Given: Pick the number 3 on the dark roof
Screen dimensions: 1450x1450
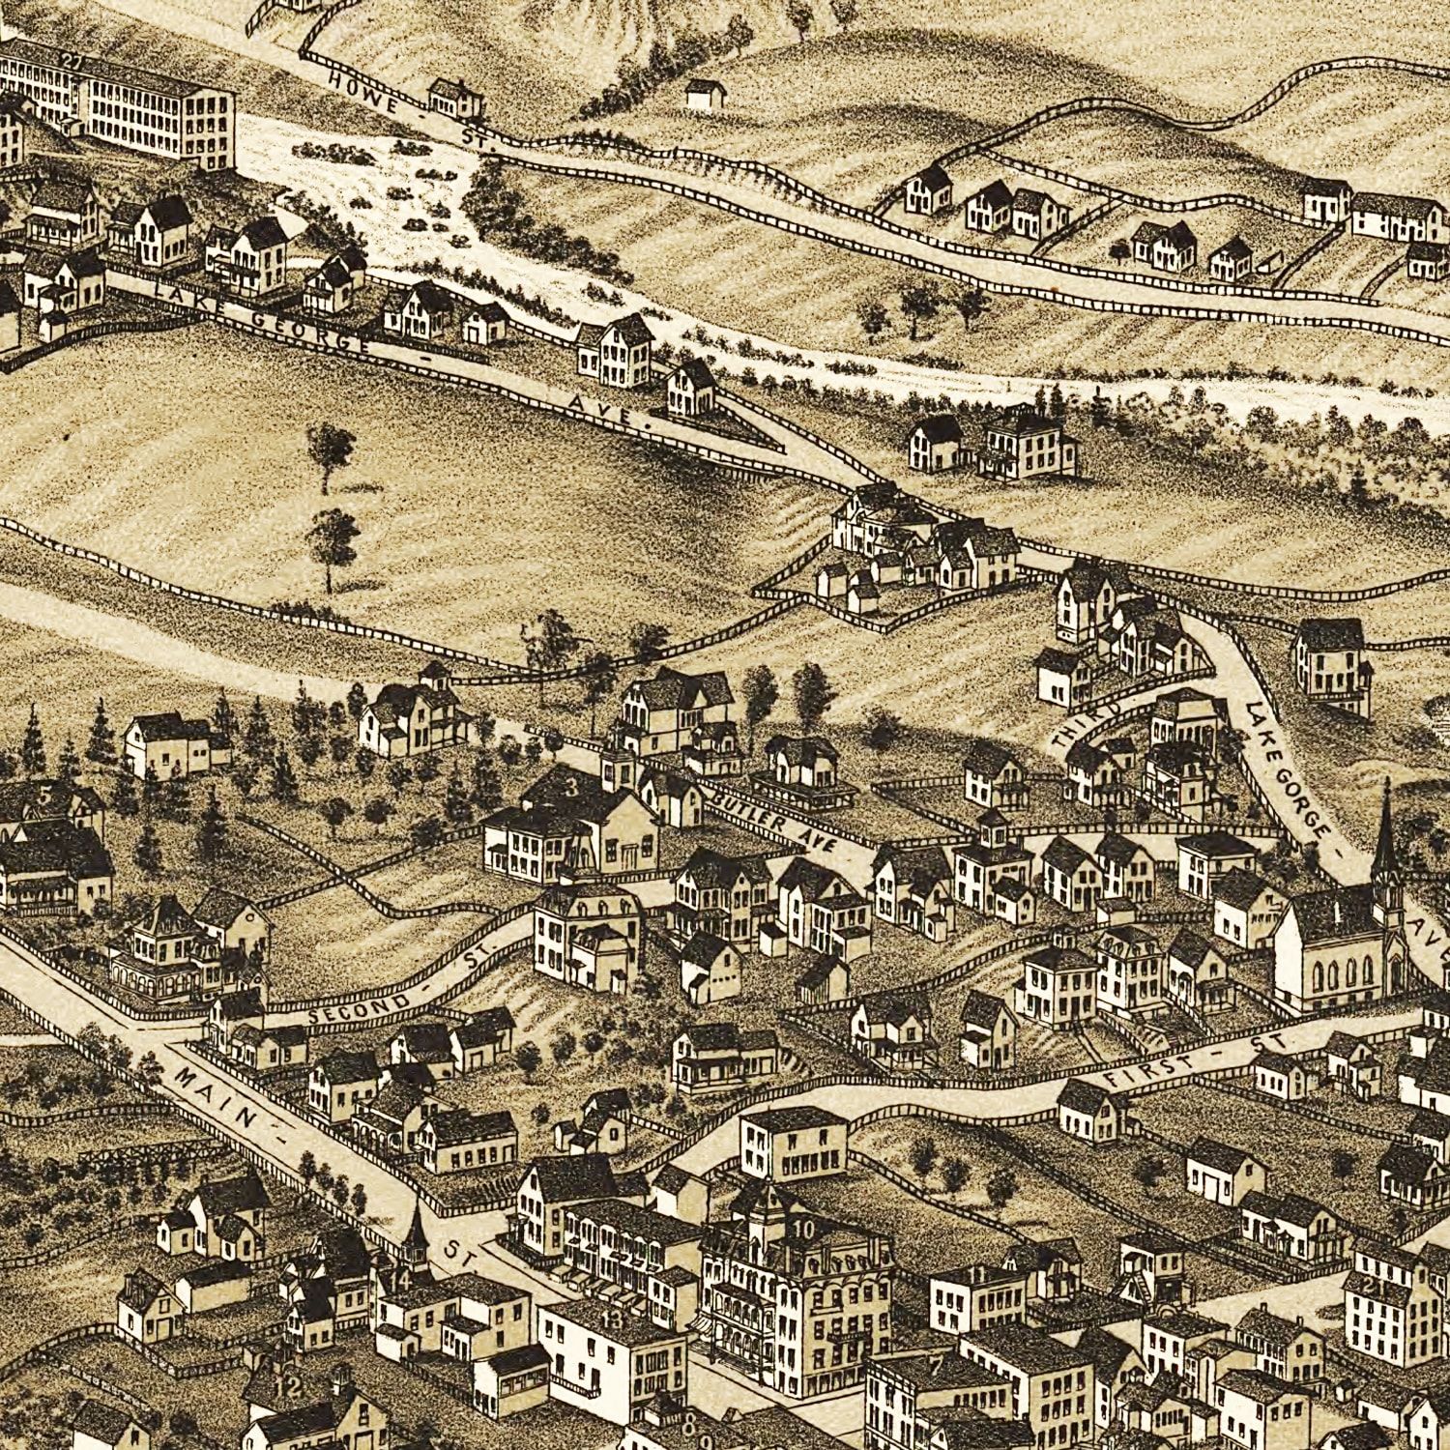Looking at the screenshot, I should point(571,786).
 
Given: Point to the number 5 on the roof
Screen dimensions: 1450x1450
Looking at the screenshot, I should point(43,797).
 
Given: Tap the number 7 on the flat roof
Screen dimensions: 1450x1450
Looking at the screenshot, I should point(935,1366).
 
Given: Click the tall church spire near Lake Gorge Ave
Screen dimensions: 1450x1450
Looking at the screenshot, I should point(1385,831).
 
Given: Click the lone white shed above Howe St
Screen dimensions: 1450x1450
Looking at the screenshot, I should point(706,93).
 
